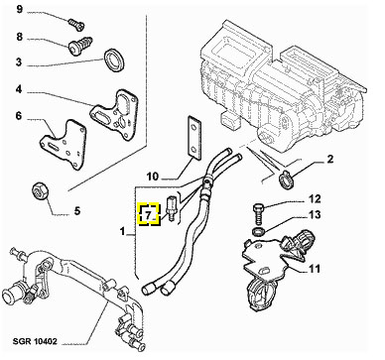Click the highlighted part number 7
(x=148, y=214)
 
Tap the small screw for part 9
(x=76, y=23)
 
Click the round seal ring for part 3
(x=115, y=60)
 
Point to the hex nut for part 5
(x=41, y=191)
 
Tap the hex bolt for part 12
(x=259, y=214)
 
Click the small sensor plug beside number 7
(x=171, y=208)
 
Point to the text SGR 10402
(x=35, y=341)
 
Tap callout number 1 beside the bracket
(x=123, y=231)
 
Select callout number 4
(x=19, y=89)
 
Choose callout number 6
(x=19, y=116)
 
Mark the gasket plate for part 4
(x=114, y=113)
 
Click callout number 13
(x=314, y=215)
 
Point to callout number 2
(x=330, y=159)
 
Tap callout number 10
(x=153, y=177)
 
